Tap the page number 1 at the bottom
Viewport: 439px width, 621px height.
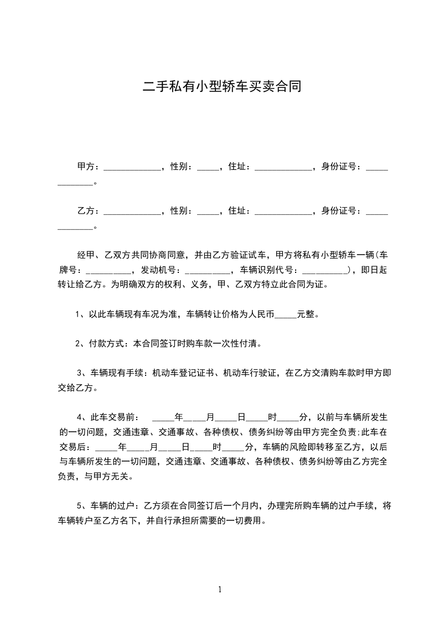(x=220, y=589)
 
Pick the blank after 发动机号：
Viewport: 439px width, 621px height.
(x=207, y=271)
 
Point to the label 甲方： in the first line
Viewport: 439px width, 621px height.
(x=89, y=166)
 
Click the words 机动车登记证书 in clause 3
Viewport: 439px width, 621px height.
(x=184, y=373)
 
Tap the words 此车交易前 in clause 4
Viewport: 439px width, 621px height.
(x=112, y=416)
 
